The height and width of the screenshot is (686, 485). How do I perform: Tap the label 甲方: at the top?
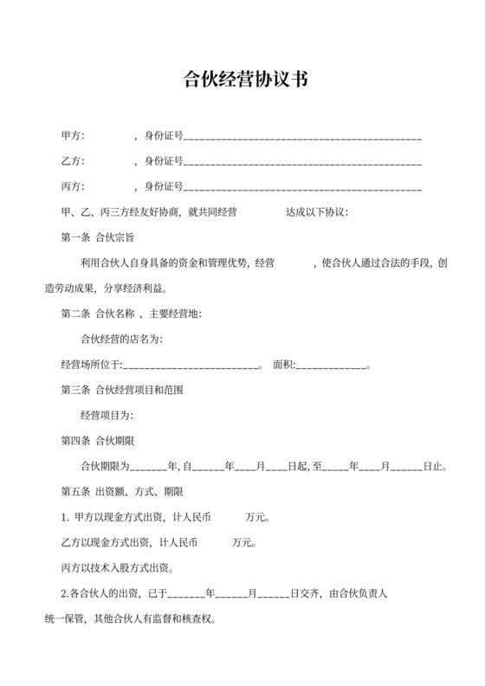(72, 136)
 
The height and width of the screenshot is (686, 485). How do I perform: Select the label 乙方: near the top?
(72, 161)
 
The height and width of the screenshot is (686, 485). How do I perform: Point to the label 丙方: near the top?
(72, 186)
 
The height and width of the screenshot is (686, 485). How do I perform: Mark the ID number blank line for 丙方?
(303, 187)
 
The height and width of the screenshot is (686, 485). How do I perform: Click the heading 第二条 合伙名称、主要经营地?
(131, 313)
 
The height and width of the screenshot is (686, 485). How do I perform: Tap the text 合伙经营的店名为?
(121, 338)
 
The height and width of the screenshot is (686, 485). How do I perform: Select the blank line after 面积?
(333, 365)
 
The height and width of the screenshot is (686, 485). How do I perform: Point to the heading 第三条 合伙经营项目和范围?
(121, 390)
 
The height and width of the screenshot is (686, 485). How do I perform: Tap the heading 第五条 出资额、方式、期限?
(121, 492)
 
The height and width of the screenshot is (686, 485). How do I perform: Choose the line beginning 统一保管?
(130, 620)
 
